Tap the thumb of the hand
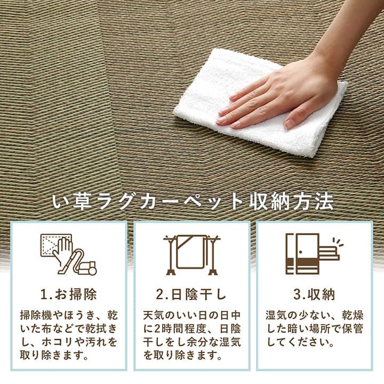(291, 119)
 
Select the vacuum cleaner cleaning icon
(68, 254)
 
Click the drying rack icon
(191, 254)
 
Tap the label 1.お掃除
(68, 294)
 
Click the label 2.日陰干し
(191, 294)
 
